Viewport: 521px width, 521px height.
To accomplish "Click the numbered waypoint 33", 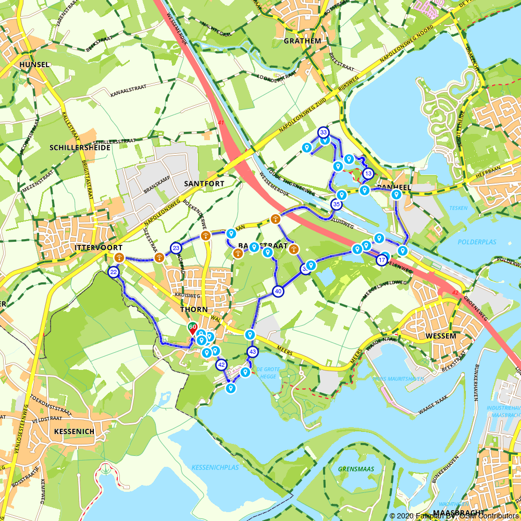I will pyautogui.click(x=324, y=132).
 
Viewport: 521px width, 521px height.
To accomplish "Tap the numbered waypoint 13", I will pyautogui.click(x=368, y=173).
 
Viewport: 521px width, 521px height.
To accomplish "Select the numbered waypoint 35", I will pyautogui.click(x=336, y=204).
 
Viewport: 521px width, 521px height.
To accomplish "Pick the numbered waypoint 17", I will pyautogui.click(x=382, y=259).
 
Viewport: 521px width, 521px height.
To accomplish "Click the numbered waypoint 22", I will pyautogui.click(x=114, y=272).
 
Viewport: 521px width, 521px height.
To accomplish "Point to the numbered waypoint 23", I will pyautogui.click(x=176, y=248).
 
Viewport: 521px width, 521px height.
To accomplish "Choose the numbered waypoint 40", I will pyautogui.click(x=278, y=291).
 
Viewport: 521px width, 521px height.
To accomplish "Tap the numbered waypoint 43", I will pyautogui.click(x=253, y=352).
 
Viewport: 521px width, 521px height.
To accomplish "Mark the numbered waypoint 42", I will pyautogui.click(x=221, y=365).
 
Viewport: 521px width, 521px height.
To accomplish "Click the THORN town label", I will pyautogui.click(x=194, y=309).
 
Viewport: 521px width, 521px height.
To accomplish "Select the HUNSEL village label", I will pyautogui.click(x=34, y=65).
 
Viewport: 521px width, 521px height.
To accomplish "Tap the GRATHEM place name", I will pyautogui.click(x=302, y=41).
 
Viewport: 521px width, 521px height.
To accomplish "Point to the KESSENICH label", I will pyautogui.click(x=74, y=431).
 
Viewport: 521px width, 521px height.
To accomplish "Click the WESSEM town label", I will pyautogui.click(x=441, y=336).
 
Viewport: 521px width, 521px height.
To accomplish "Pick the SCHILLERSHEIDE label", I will pyautogui.click(x=80, y=147).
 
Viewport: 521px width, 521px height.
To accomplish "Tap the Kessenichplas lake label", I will pyautogui.click(x=215, y=467).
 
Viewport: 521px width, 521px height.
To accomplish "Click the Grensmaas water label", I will pyautogui.click(x=356, y=469).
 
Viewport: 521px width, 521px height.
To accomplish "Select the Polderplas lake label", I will pyautogui.click(x=477, y=242).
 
